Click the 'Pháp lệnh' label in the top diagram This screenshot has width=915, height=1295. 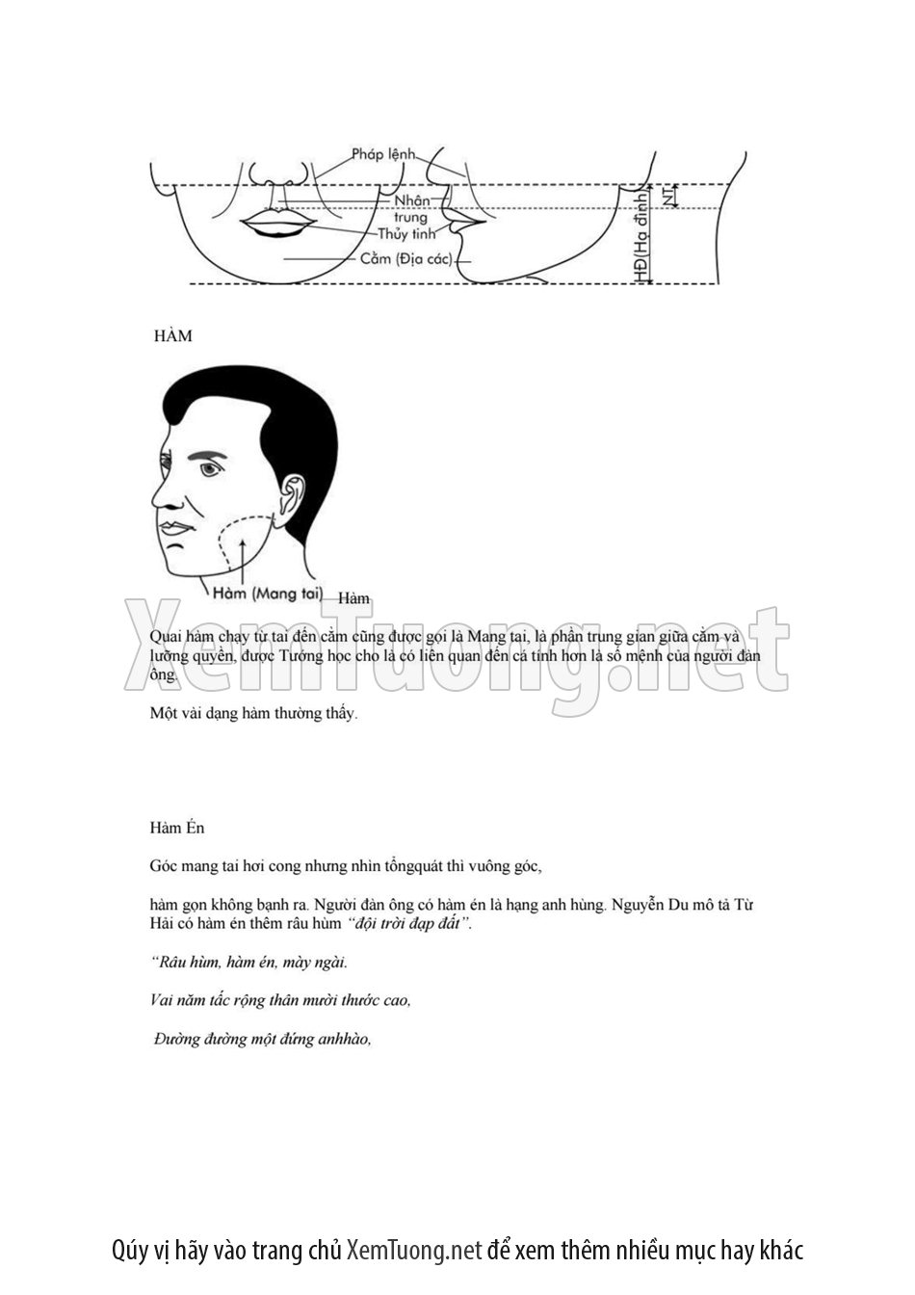pyautogui.click(x=382, y=154)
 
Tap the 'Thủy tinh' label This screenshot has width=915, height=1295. pyautogui.click(x=405, y=234)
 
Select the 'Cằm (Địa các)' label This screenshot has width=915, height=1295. pyautogui.click(x=405, y=259)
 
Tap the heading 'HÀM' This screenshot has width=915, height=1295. pyautogui.click(x=173, y=336)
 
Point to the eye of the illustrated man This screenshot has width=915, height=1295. pyautogui.click(x=210, y=469)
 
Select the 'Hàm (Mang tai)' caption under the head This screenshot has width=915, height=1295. pyautogui.click(x=267, y=594)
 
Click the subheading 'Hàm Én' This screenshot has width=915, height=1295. pyautogui.click(x=177, y=828)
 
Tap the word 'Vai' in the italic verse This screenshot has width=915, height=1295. pyautogui.click(x=162, y=1000)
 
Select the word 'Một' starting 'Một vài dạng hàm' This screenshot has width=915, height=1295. pyautogui.click(x=163, y=714)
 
